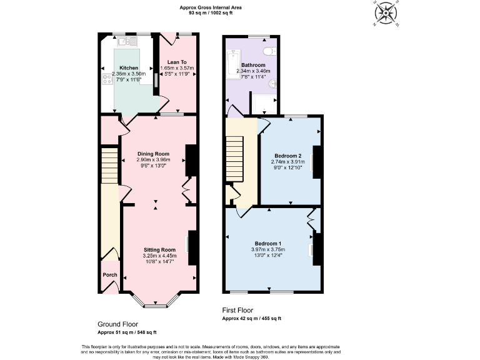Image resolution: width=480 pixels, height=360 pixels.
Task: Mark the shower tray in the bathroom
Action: [x=263, y=102]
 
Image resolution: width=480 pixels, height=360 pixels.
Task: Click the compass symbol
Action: [x=386, y=12]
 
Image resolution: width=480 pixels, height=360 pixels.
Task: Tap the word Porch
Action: [x=109, y=274]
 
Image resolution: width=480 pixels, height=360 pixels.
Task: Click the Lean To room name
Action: [x=177, y=61]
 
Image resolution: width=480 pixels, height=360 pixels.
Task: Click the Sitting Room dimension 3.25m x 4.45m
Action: [x=160, y=256]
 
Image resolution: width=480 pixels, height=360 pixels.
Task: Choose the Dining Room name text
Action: [x=153, y=153]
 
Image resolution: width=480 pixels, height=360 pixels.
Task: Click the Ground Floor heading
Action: [x=117, y=324]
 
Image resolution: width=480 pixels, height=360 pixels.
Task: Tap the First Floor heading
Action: [x=242, y=310]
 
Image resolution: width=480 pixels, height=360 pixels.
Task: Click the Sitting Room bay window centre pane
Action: [x=156, y=306]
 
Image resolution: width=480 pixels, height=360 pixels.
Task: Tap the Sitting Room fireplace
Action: [x=192, y=247]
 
